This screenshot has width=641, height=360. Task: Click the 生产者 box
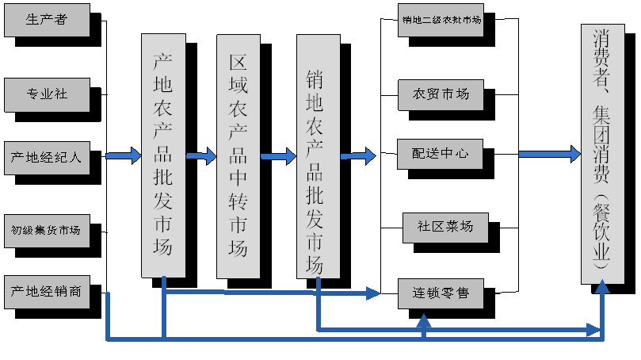(47, 20)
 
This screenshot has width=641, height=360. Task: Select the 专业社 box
(47, 94)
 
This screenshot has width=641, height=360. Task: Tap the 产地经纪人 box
(47, 157)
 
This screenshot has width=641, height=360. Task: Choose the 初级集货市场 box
(47, 231)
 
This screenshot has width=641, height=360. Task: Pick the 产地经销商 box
(47, 291)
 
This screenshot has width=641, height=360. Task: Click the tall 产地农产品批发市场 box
(163, 155)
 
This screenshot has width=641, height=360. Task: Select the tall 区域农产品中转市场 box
(238, 155)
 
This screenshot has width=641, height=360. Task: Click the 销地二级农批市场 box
(441, 20)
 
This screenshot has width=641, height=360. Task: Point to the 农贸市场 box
(441, 94)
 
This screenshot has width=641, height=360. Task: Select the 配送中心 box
(441, 153)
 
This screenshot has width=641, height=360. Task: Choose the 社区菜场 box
(445, 227)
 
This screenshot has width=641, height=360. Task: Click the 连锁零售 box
(441, 293)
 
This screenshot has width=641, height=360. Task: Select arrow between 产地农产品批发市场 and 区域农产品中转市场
(201, 156)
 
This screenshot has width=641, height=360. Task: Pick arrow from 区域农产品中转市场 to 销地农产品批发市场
(278, 157)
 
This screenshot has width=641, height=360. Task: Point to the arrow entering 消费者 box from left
(550, 154)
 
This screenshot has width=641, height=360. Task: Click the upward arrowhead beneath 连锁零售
(424, 321)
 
